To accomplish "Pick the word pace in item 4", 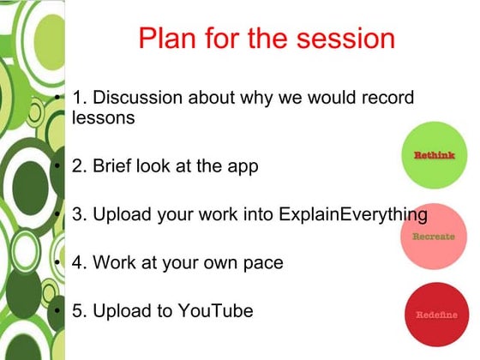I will [261, 262].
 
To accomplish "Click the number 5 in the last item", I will [78, 309].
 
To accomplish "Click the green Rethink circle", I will [434, 156].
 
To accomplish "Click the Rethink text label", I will [434, 155].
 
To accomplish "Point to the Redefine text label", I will [436, 315].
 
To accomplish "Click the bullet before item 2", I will [58, 166].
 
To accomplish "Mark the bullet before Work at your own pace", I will [58, 262].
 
